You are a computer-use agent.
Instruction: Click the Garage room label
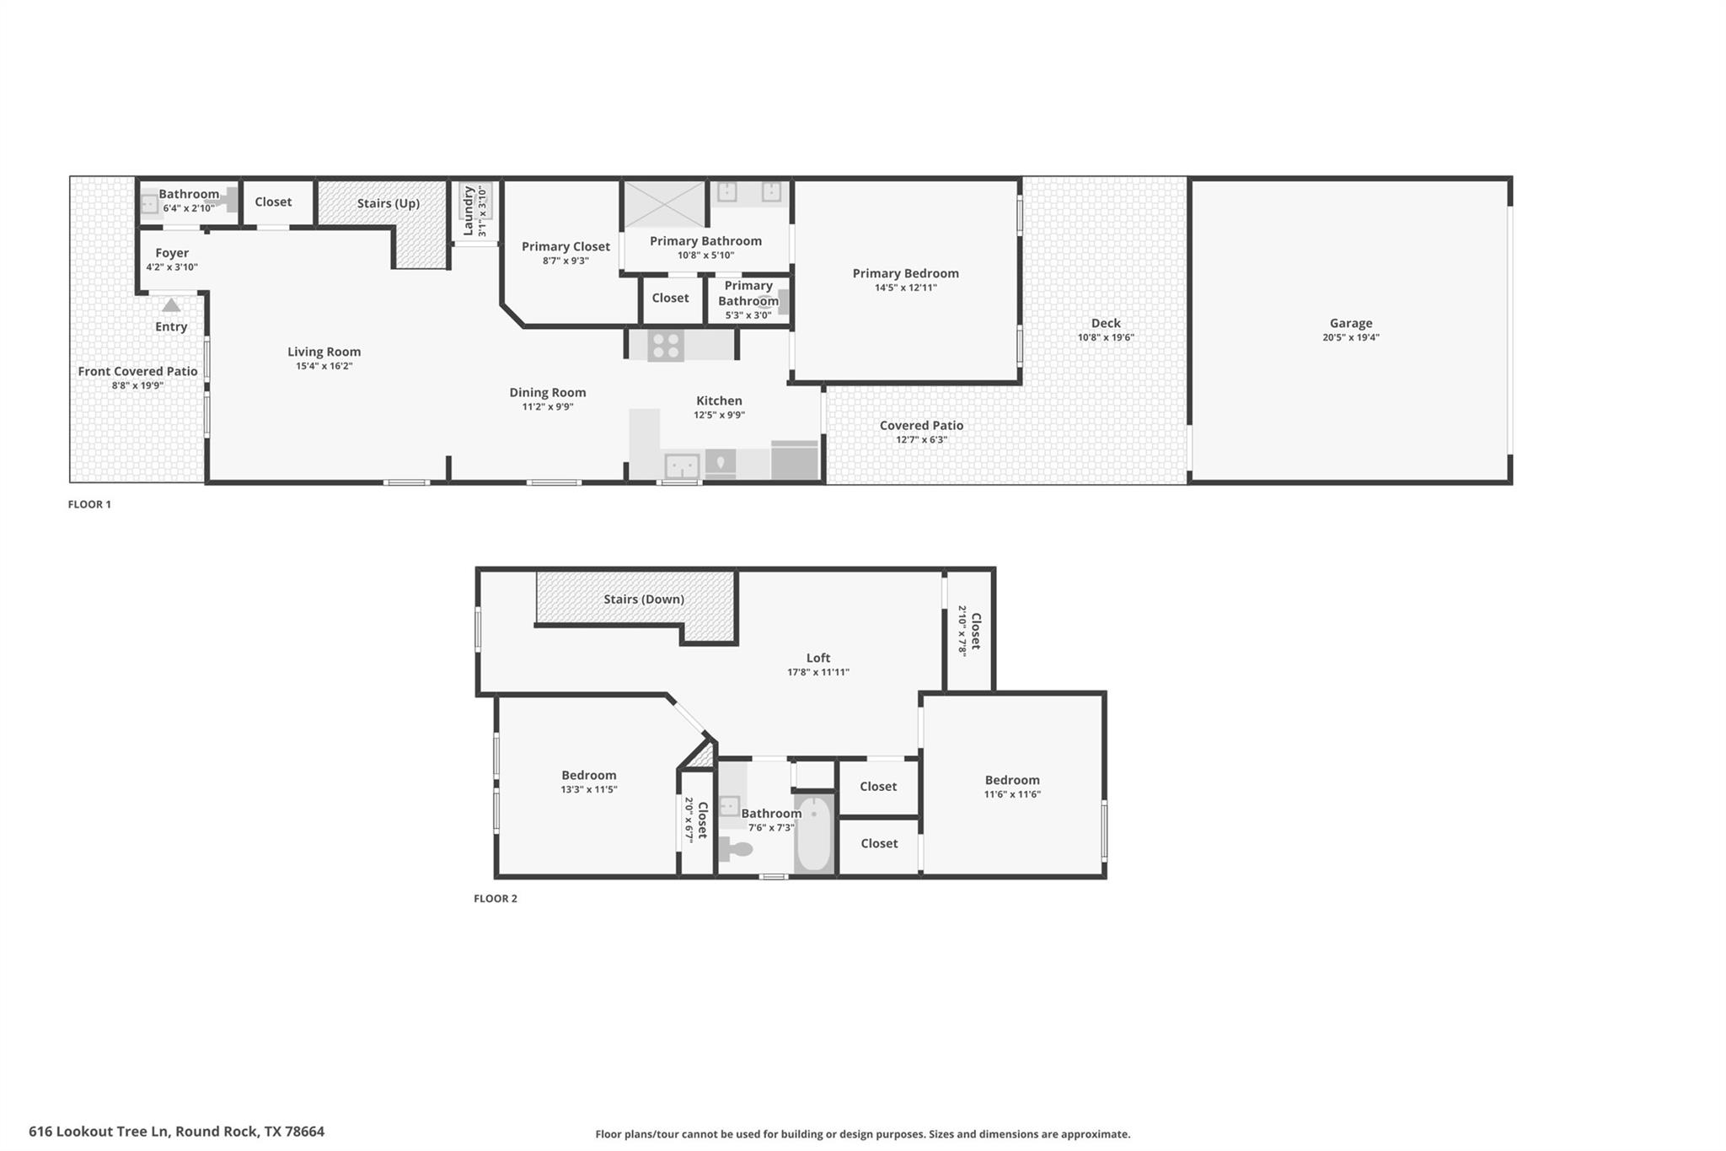click(x=1350, y=323)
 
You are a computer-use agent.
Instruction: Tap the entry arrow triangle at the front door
click(x=171, y=305)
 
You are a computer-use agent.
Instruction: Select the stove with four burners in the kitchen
click(x=666, y=346)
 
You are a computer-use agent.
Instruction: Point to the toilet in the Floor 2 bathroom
click(x=735, y=848)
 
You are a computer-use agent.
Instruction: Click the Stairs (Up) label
click(x=388, y=203)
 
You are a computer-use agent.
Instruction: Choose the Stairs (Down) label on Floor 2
click(x=643, y=600)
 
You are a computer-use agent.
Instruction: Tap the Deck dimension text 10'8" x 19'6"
click(x=1105, y=337)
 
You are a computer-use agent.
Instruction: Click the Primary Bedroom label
click(x=905, y=273)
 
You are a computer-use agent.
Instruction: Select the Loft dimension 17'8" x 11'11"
click(x=817, y=672)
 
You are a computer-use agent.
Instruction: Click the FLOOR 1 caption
click(x=89, y=504)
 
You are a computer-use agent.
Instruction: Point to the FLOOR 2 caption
click(x=495, y=898)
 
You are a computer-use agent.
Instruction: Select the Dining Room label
click(x=547, y=392)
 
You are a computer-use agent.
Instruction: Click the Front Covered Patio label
click(x=137, y=371)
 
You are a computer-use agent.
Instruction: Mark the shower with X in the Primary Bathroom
click(x=663, y=204)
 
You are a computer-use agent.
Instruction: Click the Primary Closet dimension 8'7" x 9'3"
click(x=565, y=261)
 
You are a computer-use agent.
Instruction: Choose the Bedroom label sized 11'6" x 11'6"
click(x=1011, y=780)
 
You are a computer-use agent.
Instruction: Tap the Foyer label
click(x=172, y=253)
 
